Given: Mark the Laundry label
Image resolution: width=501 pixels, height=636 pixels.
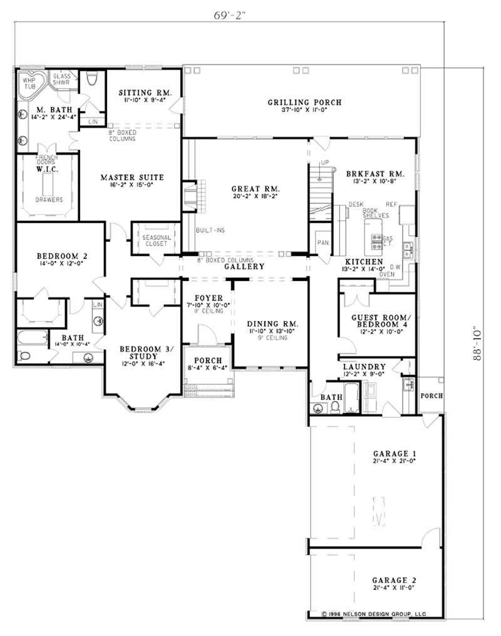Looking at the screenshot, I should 364,366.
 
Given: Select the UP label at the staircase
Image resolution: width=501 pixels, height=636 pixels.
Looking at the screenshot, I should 324,163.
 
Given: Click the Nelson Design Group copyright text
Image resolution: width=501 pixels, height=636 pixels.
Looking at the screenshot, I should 374,615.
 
